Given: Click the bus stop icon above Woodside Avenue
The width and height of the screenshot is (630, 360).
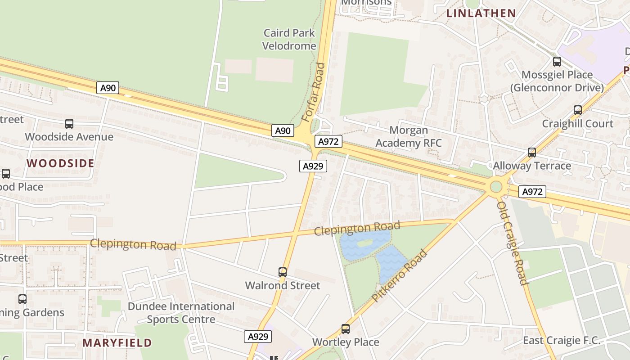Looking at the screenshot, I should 69,123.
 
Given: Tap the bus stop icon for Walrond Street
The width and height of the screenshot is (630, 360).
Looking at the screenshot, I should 283,272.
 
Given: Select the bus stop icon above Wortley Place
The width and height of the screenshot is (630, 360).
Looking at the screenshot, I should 345,328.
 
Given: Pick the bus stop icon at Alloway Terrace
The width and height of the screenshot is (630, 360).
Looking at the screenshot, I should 532,153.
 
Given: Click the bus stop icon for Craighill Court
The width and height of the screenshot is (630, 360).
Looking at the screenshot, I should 578,110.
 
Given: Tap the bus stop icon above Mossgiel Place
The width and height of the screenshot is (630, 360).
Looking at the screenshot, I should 557,61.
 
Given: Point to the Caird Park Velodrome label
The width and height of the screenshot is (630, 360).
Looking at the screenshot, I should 289,39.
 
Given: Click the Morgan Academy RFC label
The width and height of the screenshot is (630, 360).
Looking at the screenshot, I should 409,137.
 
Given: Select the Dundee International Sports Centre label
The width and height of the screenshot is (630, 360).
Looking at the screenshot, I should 181,313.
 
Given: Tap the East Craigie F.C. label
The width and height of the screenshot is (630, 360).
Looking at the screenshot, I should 561,340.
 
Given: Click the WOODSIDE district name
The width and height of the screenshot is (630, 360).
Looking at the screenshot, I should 60,163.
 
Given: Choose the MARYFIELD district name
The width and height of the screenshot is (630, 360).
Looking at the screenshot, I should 117,343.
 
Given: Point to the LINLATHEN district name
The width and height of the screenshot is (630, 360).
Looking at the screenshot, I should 481,13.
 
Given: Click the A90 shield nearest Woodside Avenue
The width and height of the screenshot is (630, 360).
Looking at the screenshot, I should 108,88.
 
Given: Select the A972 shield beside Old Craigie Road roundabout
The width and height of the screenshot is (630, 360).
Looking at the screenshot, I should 532,192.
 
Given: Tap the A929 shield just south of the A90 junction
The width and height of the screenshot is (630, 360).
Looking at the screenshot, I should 313,166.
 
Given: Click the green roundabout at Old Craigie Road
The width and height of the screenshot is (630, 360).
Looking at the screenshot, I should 496,186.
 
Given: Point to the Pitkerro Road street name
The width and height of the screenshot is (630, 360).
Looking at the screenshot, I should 400,276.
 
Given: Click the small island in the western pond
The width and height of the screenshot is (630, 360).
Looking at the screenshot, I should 364,243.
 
